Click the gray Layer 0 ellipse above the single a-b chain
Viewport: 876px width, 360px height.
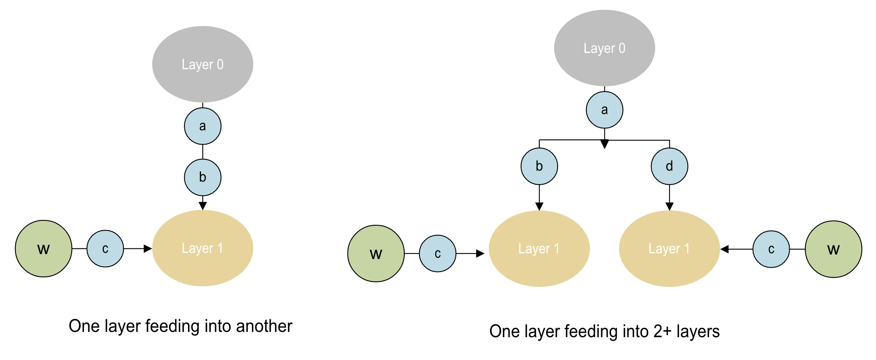click(203, 64)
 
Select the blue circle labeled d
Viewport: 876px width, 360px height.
click(669, 166)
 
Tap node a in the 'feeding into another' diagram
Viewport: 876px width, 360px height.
click(203, 126)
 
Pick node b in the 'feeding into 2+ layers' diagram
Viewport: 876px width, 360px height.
click(539, 166)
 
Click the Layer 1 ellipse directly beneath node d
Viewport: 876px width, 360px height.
click(669, 248)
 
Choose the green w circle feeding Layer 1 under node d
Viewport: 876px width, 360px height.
click(833, 249)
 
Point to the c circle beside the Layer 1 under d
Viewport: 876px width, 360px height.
click(771, 249)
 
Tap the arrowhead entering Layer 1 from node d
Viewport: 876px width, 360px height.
click(669, 206)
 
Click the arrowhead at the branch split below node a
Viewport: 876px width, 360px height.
click(604, 144)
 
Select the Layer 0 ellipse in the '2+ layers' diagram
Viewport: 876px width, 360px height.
click(604, 48)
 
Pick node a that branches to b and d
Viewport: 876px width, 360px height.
click(604, 110)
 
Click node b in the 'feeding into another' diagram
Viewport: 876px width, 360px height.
click(203, 178)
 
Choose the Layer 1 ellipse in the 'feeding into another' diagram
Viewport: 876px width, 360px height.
click(203, 248)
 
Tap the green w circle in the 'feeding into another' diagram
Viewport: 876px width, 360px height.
click(44, 249)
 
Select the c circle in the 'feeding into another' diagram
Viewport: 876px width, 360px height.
click(105, 249)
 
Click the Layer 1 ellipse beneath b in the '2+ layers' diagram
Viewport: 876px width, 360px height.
click(539, 248)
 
